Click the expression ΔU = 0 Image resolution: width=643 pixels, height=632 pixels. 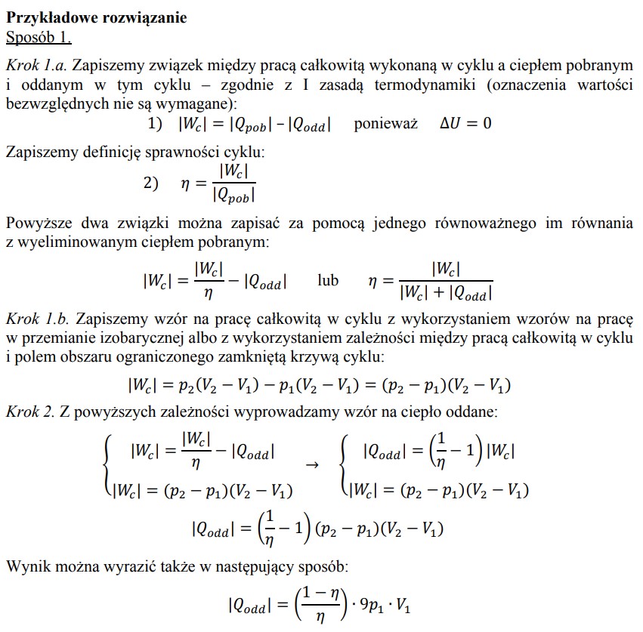click(465, 123)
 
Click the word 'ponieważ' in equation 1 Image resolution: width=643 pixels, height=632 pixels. click(385, 123)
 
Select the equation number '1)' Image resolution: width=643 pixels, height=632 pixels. click(155, 123)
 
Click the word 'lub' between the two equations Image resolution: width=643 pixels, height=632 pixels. click(328, 281)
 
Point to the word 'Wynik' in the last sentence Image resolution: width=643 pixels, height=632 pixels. click(25, 566)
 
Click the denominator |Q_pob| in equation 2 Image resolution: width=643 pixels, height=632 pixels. click(233, 194)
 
